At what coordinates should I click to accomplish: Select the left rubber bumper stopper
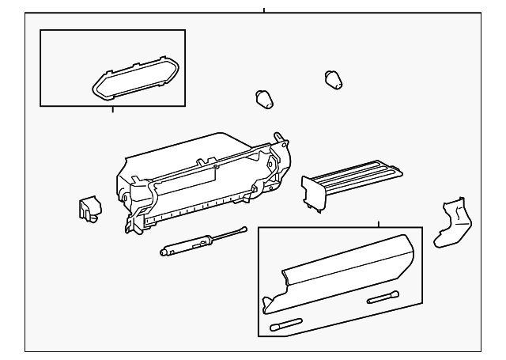click(263, 99)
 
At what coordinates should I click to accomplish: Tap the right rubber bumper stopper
click(334, 78)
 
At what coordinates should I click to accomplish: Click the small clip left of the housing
click(89, 207)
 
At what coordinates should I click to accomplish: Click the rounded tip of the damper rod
click(243, 229)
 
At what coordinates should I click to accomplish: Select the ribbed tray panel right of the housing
click(360, 176)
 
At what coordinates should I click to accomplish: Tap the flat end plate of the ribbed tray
click(314, 193)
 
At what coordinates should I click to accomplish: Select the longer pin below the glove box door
click(286, 324)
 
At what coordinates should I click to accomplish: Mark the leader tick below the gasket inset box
click(112, 109)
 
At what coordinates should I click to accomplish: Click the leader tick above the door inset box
click(379, 223)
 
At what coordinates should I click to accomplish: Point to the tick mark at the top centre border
click(263, 10)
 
